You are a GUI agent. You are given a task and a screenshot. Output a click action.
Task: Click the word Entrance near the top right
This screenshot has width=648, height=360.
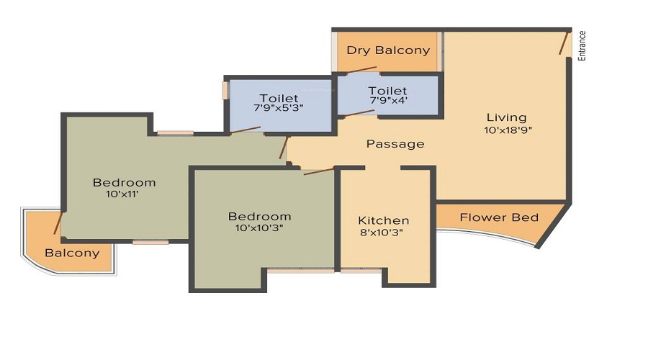582,45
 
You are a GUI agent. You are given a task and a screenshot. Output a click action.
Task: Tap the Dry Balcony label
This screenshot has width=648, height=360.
388,50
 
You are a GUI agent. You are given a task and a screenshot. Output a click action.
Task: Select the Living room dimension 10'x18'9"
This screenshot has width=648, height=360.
508,130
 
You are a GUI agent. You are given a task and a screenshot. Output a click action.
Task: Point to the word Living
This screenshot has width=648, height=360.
506,117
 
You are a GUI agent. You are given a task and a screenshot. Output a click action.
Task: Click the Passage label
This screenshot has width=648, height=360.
395,144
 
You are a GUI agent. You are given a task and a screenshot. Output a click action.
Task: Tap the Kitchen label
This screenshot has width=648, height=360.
384,220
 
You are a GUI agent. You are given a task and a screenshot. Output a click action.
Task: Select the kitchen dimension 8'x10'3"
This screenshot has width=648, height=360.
384,233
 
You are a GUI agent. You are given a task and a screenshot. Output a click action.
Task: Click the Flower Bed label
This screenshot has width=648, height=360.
499,217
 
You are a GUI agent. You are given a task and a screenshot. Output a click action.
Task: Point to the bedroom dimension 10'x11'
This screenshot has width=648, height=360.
124,194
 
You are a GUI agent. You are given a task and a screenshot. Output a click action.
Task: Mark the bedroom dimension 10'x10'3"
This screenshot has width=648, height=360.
259,228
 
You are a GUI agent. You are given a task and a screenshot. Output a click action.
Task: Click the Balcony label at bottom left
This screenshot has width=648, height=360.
72,253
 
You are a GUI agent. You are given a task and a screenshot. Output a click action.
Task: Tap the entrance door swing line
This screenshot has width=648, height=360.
564,42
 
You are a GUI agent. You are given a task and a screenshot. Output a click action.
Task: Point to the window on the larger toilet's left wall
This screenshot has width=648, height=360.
225,90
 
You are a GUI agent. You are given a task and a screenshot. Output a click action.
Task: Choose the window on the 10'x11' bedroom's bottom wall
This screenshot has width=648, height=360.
150,242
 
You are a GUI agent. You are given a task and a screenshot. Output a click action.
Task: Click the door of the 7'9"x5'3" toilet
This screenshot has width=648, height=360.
245,130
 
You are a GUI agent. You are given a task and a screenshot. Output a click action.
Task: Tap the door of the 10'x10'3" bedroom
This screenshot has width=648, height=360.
318,171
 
